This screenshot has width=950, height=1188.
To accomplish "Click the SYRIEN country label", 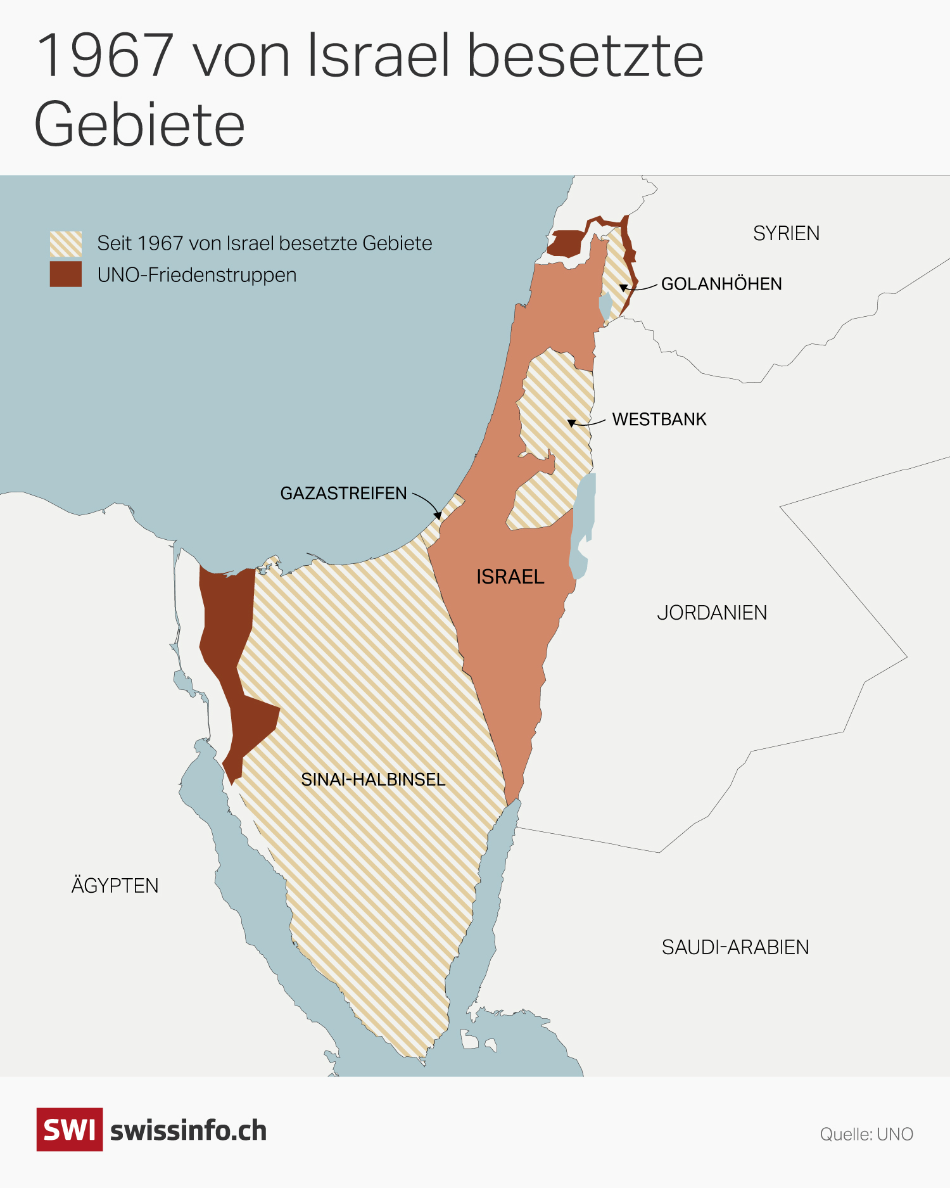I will [786, 233].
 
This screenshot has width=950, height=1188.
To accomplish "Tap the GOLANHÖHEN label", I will [721, 284].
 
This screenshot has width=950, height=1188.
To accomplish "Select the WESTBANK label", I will [659, 419].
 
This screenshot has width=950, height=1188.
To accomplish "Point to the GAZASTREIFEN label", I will [343, 493].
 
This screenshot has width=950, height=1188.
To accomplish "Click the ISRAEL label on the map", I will [510, 577].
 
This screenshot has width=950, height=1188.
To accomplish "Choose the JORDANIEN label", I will [712, 613].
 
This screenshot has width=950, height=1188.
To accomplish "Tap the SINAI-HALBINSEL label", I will [373, 779].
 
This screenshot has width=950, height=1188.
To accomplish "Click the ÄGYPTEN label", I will [115, 885].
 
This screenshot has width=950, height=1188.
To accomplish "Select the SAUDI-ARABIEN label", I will [735, 947].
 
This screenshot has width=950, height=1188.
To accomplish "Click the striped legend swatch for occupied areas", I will [66, 244].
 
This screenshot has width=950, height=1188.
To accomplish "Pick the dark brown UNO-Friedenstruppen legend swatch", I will [66, 274].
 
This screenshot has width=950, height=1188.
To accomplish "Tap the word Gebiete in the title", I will [139, 124].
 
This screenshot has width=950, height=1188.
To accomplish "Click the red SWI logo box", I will [69, 1129].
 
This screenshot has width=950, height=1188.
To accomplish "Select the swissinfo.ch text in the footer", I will [188, 1131].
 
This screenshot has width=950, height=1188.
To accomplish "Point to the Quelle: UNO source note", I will [866, 1134].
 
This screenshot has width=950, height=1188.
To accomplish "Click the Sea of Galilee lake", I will [605, 305].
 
